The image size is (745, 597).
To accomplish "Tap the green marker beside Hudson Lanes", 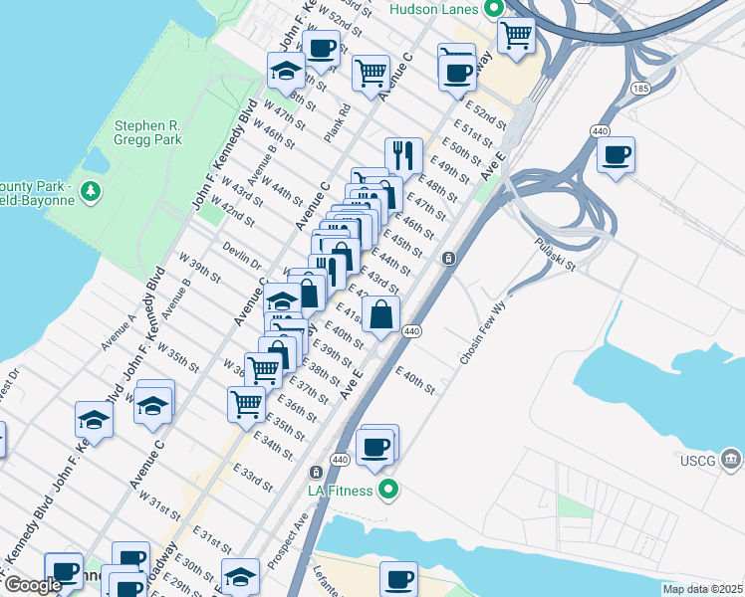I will tap(493, 8).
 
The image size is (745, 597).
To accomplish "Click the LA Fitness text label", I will tap(340, 491).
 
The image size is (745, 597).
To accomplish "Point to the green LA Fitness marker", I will tap(388, 490).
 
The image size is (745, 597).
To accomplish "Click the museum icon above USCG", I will tap(732, 458).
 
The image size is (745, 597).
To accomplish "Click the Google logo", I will tap(33, 586).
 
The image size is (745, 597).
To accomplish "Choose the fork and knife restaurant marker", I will tap(402, 154).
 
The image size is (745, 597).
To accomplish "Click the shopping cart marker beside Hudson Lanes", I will tap(516, 35).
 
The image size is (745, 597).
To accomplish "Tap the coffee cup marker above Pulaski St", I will tap(616, 154).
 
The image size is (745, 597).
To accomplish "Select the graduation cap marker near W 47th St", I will tap(286, 70).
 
